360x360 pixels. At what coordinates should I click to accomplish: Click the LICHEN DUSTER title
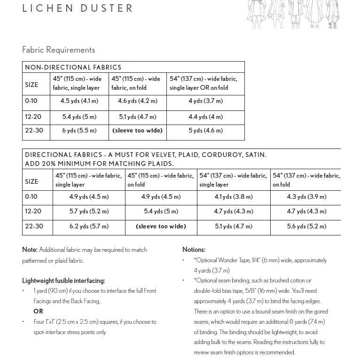(x=78, y=8)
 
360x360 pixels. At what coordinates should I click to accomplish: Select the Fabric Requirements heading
(x=58, y=50)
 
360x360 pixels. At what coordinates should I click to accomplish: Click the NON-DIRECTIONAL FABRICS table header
(x=73, y=67)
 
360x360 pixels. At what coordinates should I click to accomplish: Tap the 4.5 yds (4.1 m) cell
(x=79, y=101)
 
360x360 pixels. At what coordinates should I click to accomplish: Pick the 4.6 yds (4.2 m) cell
(x=138, y=101)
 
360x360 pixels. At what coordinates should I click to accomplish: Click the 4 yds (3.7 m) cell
(x=205, y=101)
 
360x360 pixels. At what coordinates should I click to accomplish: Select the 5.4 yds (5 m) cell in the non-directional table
(x=79, y=117)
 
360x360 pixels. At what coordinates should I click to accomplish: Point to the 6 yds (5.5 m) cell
(x=79, y=131)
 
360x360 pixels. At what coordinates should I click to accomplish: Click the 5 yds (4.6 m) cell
(x=205, y=131)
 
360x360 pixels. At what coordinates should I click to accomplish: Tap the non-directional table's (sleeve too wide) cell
(x=138, y=131)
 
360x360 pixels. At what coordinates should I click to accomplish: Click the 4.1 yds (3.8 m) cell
(x=233, y=197)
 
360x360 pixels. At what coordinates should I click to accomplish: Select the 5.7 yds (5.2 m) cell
(x=89, y=211)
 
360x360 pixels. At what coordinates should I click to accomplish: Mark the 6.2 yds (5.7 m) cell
(x=89, y=226)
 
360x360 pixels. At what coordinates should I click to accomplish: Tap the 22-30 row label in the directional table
(x=34, y=226)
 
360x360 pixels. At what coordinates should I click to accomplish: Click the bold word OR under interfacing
(x=38, y=311)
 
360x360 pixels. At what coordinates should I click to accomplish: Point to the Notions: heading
(x=194, y=250)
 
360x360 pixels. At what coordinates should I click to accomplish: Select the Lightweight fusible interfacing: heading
(x=63, y=281)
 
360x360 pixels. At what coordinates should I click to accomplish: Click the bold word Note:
(x=30, y=250)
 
